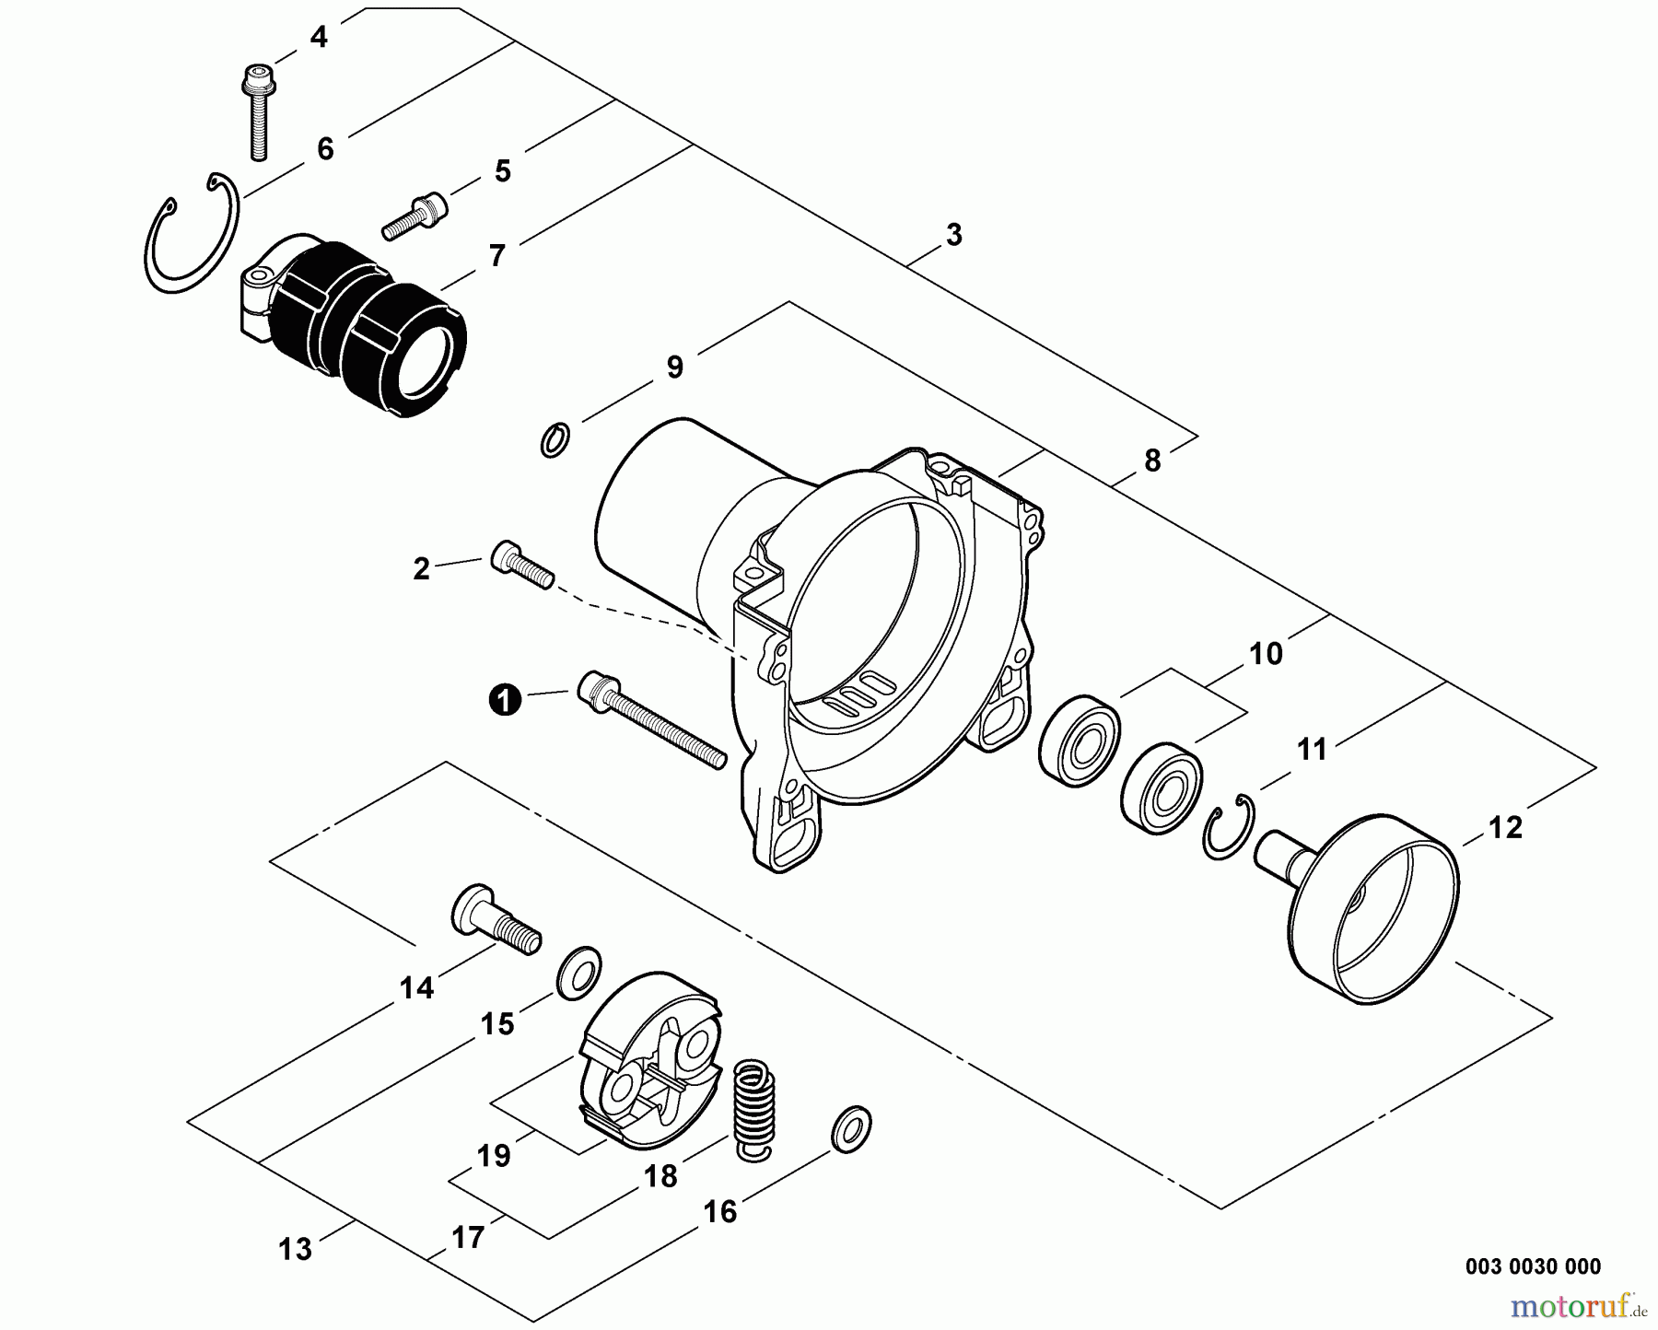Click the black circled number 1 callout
click(504, 700)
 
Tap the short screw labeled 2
click(521, 563)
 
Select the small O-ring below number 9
click(554, 439)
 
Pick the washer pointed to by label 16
click(850, 1128)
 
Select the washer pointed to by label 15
click(578, 971)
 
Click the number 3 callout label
click(953, 235)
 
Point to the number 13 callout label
click(296, 1249)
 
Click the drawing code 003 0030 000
click(1532, 1266)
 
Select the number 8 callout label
click(1151, 461)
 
